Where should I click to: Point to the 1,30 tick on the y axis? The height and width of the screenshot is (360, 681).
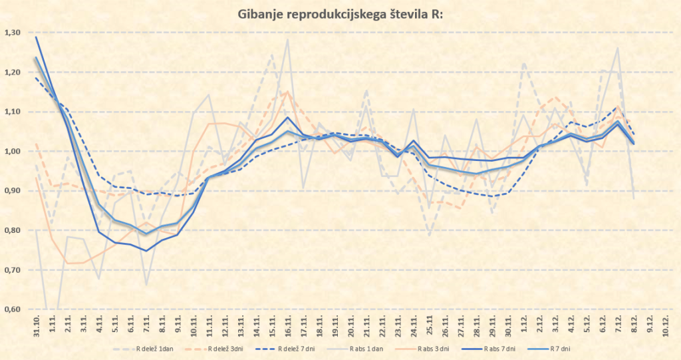click(13, 33)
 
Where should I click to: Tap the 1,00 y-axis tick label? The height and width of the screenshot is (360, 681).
click(13, 151)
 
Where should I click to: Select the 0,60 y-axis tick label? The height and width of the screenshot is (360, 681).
click(13, 309)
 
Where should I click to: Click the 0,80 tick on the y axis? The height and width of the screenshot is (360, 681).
click(13, 230)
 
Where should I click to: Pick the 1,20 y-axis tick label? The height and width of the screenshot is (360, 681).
click(13, 72)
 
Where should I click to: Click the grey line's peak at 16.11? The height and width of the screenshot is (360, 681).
click(288, 40)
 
